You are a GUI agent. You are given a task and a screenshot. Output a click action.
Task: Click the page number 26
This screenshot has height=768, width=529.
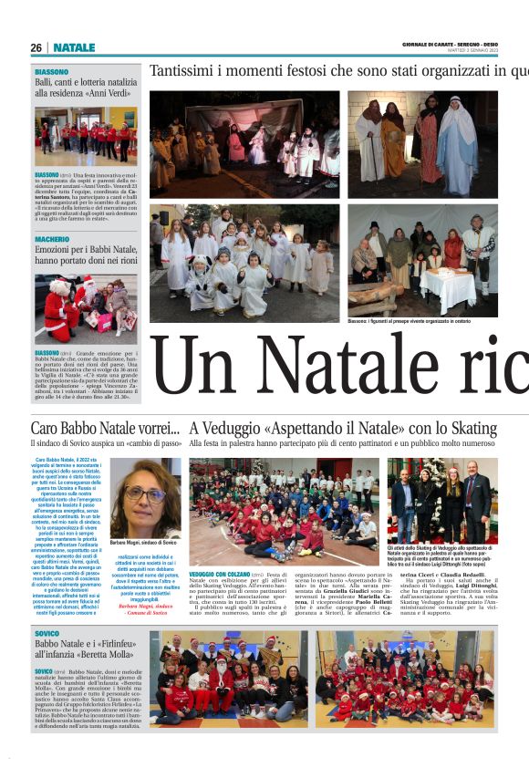36,47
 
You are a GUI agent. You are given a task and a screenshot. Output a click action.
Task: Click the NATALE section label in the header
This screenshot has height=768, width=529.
74,47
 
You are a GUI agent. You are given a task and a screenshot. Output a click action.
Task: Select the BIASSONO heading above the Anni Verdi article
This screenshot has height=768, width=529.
51,71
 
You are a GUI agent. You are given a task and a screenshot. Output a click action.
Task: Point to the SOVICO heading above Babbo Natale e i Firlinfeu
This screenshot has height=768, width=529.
47,633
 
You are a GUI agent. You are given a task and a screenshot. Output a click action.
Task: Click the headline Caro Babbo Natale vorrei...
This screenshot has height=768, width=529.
105,429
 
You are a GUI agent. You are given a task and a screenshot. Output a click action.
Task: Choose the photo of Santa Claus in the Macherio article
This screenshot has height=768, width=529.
87,309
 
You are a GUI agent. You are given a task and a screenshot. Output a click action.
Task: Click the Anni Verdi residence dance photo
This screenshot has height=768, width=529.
87,135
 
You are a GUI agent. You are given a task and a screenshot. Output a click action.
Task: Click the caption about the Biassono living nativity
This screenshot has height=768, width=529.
423,322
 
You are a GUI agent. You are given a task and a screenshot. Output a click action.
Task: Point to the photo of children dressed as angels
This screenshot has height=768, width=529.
244,263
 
